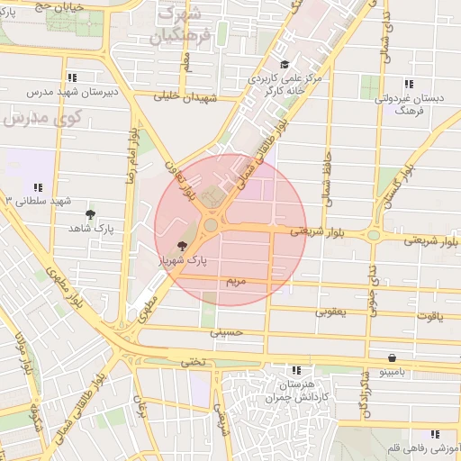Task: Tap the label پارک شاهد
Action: point(91,229)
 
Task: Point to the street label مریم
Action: point(235,282)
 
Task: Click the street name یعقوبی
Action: point(329,312)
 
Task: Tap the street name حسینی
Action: point(227,332)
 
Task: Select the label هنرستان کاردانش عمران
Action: point(295,391)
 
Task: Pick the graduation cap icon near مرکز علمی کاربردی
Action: point(285,64)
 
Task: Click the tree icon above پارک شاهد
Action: point(91,213)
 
